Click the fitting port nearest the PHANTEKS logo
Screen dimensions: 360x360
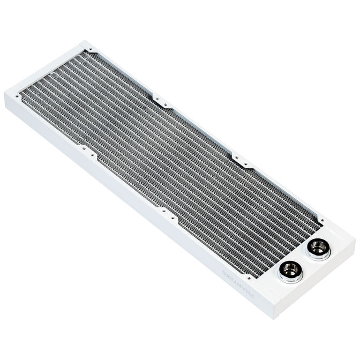pyautogui.click(x=290, y=271)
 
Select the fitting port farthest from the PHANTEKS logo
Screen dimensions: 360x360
pyautogui.click(x=319, y=248)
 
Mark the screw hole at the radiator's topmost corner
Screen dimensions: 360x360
pyautogui.click(x=91, y=54)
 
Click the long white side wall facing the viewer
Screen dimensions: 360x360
pyautogui.click(x=134, y=209)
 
